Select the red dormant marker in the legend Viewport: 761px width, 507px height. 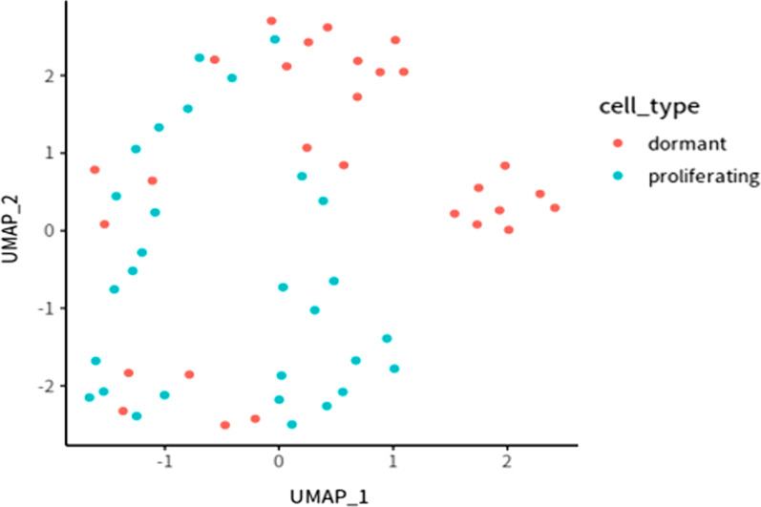pos(619,143)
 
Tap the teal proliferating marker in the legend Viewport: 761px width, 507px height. pos(619,176)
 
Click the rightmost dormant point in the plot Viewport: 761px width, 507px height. pos(555,207)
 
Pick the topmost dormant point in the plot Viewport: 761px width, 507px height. pos(271,20)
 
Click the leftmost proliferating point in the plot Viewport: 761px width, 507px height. pos(89,397)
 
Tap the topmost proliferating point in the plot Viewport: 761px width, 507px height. pos(275,39)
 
